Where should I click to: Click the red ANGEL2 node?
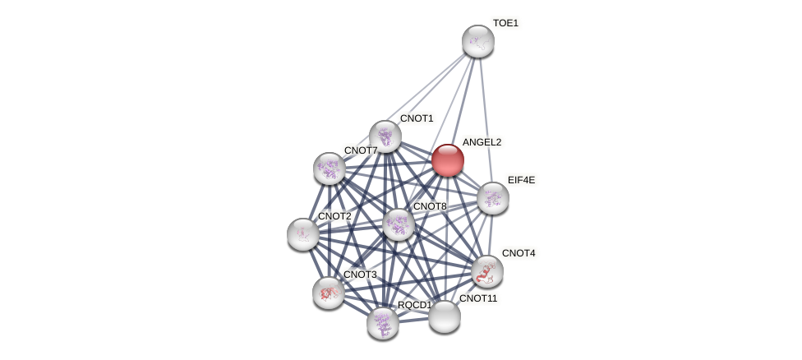448,160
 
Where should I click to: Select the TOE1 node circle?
477,41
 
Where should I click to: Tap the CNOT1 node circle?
385,136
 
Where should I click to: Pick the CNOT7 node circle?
330,168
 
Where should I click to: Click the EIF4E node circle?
493,198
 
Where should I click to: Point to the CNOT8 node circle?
399,224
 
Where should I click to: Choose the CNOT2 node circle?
303,234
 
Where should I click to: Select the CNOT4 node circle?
487,271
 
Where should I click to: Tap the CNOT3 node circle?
329,293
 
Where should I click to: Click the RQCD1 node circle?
383,322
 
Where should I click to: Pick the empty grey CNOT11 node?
445,316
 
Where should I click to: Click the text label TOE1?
505,23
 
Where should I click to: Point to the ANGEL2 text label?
482,142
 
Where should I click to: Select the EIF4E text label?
521,180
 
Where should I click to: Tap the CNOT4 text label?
519,253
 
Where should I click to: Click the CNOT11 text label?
478,298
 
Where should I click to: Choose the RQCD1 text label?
414,305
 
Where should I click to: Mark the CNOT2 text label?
334,216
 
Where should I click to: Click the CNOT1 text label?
417,118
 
